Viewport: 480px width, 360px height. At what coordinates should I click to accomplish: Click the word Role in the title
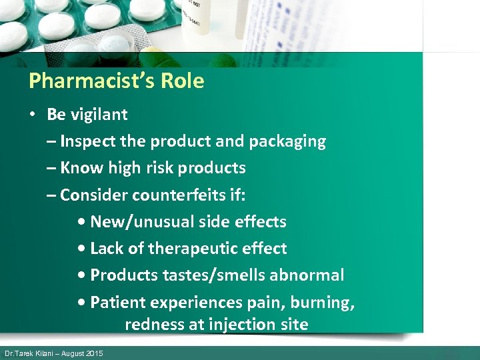coord(186,81)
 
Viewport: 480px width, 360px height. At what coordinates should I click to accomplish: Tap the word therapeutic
coord(193,249)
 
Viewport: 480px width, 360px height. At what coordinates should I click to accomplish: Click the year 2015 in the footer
coord(94,353)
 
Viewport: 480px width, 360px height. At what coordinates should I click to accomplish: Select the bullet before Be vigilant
coord(32,115)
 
